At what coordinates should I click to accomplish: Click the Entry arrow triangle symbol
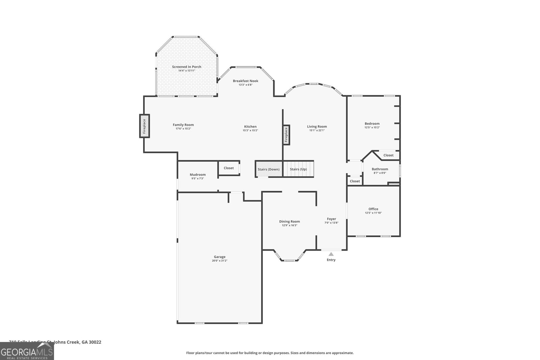(331, 254)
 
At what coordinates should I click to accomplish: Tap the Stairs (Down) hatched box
(269, 169)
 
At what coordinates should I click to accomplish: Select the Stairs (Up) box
(298, 169)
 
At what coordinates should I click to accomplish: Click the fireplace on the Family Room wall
(144, 126)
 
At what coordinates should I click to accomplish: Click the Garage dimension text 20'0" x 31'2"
(220, 261)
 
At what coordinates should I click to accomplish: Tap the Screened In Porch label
(187, 67)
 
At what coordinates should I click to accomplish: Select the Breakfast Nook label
(245, 81)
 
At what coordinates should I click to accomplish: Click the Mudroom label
(197, 175)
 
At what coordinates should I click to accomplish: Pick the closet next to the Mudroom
(229, 168)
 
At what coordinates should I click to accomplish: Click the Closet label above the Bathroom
(388, 155)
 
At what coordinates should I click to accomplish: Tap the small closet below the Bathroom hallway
(355, 181)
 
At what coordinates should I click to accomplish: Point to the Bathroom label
(380, 169)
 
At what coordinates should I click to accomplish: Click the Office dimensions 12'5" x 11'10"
(373, 213)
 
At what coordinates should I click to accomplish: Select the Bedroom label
(372, 123)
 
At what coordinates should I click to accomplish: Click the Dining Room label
(289, 222)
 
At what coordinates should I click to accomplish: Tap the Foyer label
(331, 219)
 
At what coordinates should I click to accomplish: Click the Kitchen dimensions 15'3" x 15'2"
(250, 131)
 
